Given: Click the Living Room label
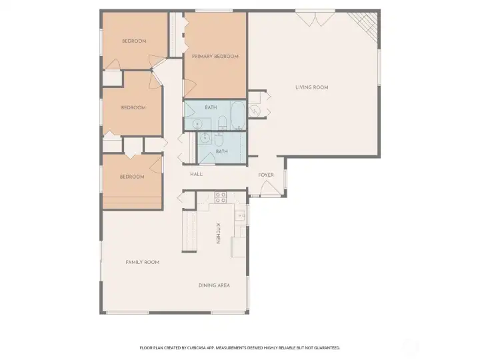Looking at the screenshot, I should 312,87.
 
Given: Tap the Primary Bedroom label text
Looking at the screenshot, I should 215,57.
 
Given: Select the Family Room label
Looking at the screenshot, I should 143,262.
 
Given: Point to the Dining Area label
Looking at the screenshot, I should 214,285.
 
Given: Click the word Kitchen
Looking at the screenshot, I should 218,233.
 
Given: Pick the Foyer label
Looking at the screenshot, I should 266,175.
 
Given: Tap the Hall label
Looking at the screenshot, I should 196,174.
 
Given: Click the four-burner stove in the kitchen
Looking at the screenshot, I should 221,197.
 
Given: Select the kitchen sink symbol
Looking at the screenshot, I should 240,215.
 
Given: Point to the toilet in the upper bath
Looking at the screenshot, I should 223,122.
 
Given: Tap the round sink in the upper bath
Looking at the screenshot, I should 197,124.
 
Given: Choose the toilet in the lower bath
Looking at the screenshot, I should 219,139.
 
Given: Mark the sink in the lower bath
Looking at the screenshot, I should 205,138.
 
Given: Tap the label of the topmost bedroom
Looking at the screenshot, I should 134,41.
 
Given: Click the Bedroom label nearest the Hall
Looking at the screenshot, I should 132,177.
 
